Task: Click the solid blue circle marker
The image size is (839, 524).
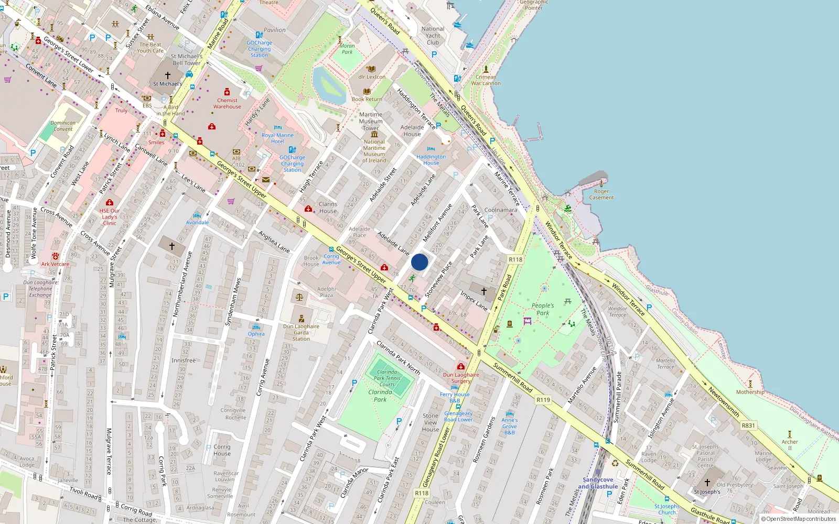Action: [x=419, y=262]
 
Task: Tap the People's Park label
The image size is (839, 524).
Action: [x=543, y=309]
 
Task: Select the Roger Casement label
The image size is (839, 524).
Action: [x=601, y=194]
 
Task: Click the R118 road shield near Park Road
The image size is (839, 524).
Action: [x=515, y=259]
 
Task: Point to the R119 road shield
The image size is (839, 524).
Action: [x=543, y=400]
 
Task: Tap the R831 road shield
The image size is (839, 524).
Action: [x=748, y=425]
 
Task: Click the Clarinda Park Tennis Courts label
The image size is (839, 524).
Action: [x=388, y=378]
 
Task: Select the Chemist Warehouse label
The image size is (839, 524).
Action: [x=227, y=103]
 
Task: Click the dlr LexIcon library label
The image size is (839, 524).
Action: [x=372, y=77]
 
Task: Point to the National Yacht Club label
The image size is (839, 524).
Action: [x=433, y=36]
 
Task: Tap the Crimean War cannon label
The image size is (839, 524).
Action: [x=486, y=80]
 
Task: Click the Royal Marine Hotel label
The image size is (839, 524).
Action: [x=277, y=138]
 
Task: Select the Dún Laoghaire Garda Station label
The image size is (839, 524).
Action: [x=301, y=332]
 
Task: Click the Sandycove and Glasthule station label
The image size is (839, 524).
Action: [x=598, y=483]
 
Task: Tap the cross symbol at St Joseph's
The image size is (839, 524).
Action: [x=707, y=482]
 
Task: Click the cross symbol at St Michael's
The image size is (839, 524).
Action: [x=168, y=75]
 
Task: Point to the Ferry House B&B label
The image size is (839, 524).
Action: [x=455, y=397]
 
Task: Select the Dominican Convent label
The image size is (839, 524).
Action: [x=63, y=126]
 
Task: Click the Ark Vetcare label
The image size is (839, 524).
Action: [x=55, y=264]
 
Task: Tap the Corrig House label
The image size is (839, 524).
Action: [x=222, y=450]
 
